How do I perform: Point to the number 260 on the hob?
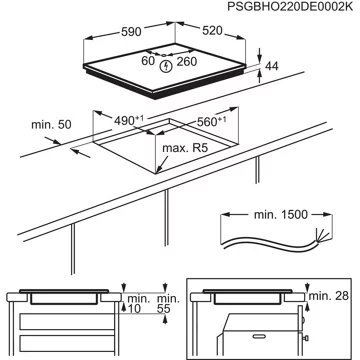(185, 59)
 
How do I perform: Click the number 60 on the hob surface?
(147, 59)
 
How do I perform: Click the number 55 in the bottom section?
(166, 310)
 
